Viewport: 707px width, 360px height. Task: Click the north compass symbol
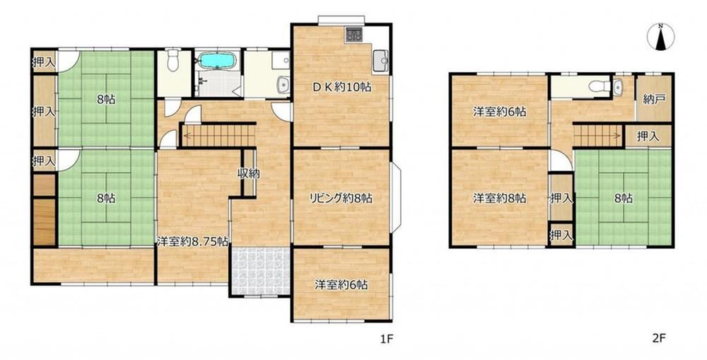(660, 37)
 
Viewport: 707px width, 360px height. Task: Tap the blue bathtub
(217, 60)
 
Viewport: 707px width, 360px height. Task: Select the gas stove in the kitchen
(354, 35)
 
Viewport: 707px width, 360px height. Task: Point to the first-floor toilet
(173, 61)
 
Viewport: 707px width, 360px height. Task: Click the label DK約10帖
(342, 87)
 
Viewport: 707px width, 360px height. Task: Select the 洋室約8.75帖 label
(192, 241)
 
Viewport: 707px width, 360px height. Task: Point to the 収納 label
(248, 173)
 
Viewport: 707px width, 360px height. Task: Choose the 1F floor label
(387, 338)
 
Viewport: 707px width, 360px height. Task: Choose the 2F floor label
(659, 338)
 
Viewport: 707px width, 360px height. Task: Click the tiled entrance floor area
(261, 271)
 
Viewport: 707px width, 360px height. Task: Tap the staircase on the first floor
(218, 135)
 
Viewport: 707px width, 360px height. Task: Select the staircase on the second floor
(599, 135)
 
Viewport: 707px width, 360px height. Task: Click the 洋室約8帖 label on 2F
(499, 198)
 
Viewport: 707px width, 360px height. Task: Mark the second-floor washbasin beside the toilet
(617, 86)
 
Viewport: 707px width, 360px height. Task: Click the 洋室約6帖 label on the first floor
(341, 284)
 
